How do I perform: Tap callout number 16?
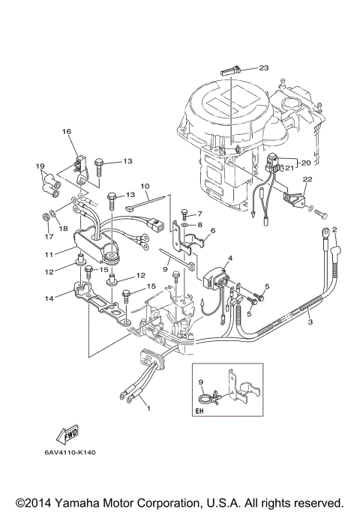click(x=66, y=133)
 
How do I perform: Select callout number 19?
click(x=40, y=166)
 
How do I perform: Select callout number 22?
click(x=307, y=179)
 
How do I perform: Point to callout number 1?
click(x=148, y=409)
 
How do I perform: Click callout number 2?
click(x=334, y=229)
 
